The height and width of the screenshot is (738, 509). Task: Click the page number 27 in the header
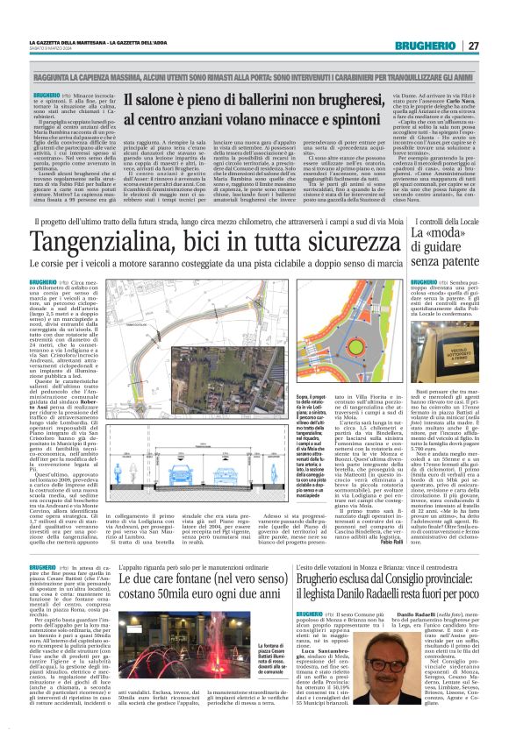(473, 46)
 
